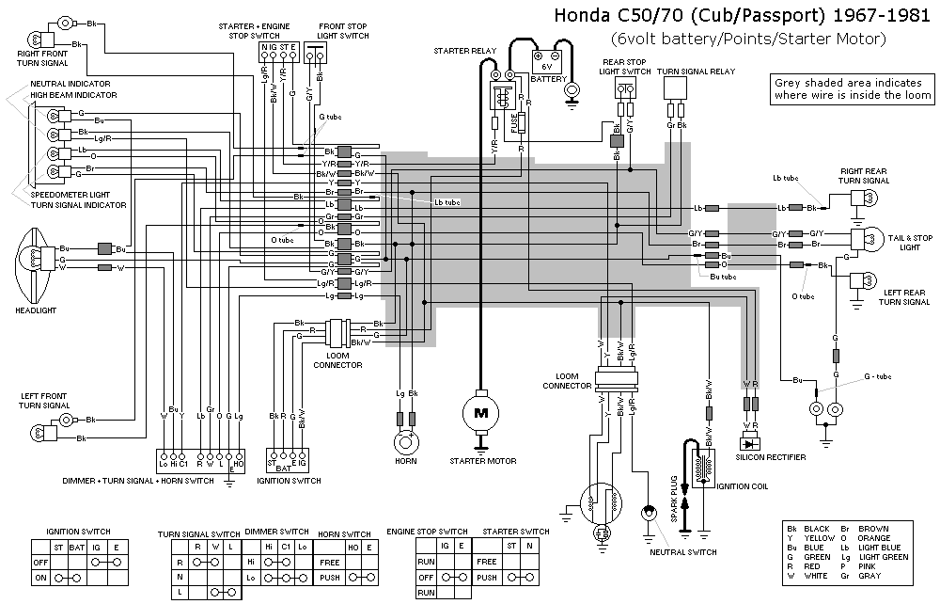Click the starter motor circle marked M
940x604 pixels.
[481, 412]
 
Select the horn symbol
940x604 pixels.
[406, 441]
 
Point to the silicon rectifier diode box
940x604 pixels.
[749, 442]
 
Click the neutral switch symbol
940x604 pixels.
[648, 515]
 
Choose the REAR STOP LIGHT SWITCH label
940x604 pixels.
[625, 67]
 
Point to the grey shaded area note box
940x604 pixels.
[853, 88]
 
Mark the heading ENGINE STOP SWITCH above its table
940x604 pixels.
[427, 532]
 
